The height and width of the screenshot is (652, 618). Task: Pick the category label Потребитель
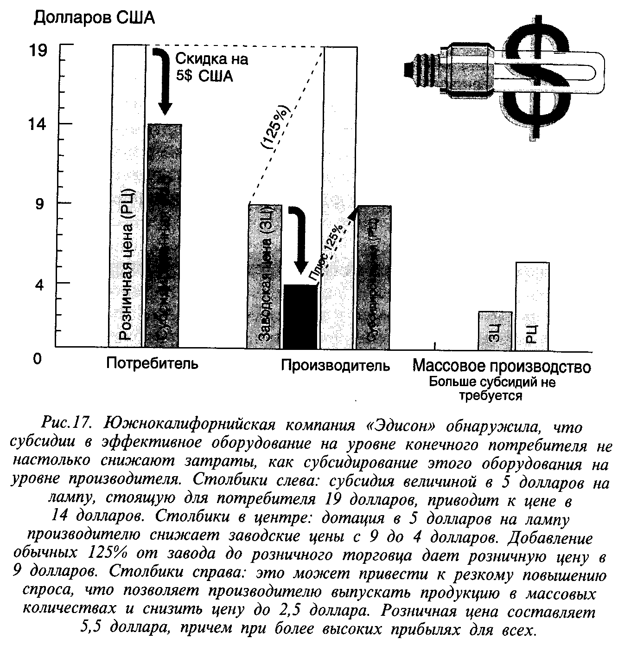click(152, 362)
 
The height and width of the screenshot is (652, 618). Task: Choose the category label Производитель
click(335, 366)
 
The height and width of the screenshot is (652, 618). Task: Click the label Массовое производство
click(501, 367)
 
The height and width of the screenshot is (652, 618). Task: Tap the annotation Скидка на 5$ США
click(211, 67)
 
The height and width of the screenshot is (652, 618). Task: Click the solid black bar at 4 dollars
click(300, 316)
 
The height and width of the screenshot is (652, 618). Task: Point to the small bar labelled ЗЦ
click(495, 331)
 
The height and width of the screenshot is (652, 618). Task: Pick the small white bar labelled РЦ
click(532, 306)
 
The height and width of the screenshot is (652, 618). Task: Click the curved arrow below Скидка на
click(163, 79)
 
